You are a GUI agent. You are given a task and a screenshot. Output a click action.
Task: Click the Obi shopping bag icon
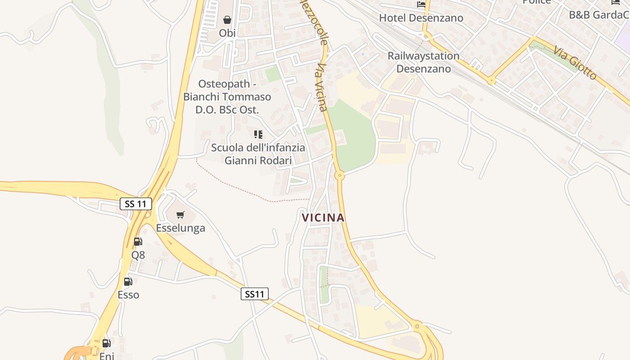tap(227, 20)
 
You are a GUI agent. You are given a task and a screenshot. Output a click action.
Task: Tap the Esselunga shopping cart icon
tap(180, 215)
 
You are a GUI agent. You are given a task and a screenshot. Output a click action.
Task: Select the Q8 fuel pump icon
tap(138, 242)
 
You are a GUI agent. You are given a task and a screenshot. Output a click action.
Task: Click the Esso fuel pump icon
tap(128, 282)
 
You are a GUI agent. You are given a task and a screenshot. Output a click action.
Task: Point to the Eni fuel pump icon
tap(106, 343)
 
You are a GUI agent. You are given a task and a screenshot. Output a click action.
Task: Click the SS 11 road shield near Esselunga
tap(136, 204)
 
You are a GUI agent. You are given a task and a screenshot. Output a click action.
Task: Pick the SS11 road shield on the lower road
tap(255, 294)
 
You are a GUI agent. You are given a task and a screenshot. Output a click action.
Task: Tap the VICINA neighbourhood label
tap(323, 218)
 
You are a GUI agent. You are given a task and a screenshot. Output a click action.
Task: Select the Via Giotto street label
tap(575, 63)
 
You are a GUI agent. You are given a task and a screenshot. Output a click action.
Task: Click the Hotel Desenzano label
tap(421, 18)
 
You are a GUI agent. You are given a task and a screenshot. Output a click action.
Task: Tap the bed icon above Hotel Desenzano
tap(421, 4)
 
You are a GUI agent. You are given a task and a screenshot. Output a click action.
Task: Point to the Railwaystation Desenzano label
tap(423, 62)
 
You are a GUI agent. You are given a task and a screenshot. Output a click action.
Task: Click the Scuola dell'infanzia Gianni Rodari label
tap(258, 154)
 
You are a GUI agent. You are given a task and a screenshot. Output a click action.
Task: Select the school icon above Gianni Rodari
tap(258, 134)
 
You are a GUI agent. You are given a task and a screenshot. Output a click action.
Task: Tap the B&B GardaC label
tap(599, 15)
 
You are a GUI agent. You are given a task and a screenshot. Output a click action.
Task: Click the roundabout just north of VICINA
tap(340, 175)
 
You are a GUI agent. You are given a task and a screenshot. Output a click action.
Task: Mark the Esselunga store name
tap(180, 228)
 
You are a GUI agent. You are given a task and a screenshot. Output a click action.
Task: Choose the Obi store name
tap(227, 33)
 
